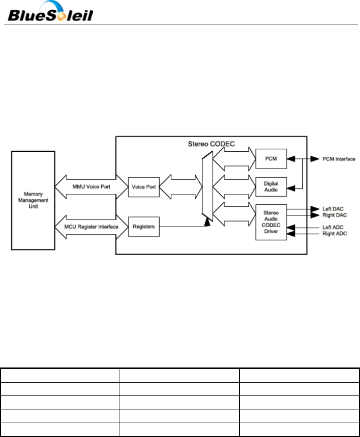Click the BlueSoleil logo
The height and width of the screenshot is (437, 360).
[50, 12]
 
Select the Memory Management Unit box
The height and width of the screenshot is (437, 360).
[33, 200]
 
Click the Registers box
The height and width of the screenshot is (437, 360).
[144, 226]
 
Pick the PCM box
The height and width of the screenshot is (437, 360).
[271, 159]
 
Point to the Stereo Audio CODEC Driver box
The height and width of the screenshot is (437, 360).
[271, 222]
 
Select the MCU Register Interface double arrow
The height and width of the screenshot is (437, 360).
[91, 226]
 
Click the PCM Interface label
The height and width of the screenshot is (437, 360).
[338, 159]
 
